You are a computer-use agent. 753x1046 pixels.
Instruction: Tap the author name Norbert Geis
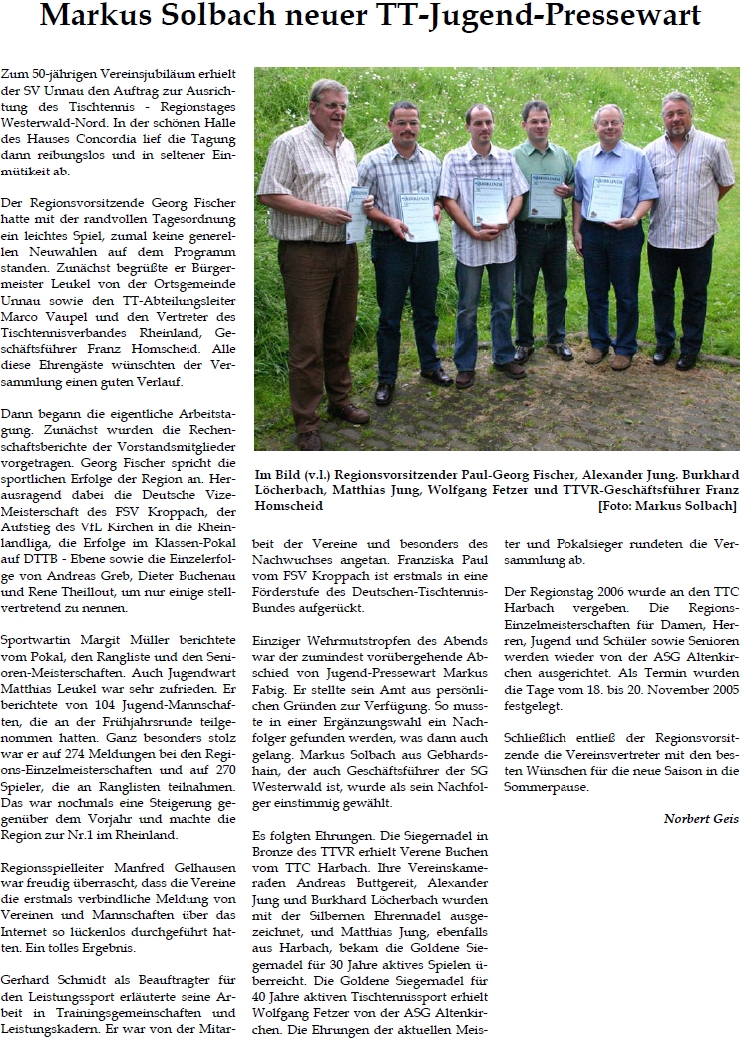tap(701, 819)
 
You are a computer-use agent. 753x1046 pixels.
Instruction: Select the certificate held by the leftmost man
tap(357, 213)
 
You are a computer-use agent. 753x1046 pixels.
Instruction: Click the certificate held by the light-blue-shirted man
tap(607, 199)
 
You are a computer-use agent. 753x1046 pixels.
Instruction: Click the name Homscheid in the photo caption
tap(291, 506)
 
